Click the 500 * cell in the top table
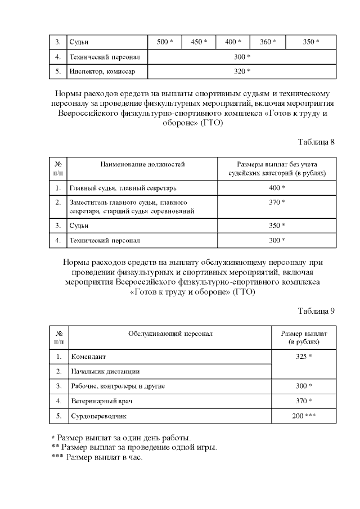point(165,42)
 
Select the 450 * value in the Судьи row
point(199,42)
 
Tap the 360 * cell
point(268,42)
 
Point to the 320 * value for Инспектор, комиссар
point(241,71)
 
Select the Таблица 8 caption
point(316,142)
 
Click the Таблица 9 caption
point(316,311)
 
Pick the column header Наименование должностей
point(142,164)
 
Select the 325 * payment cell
point(304,357)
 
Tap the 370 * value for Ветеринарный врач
point(304,401)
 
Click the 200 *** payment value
point(304,416)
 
